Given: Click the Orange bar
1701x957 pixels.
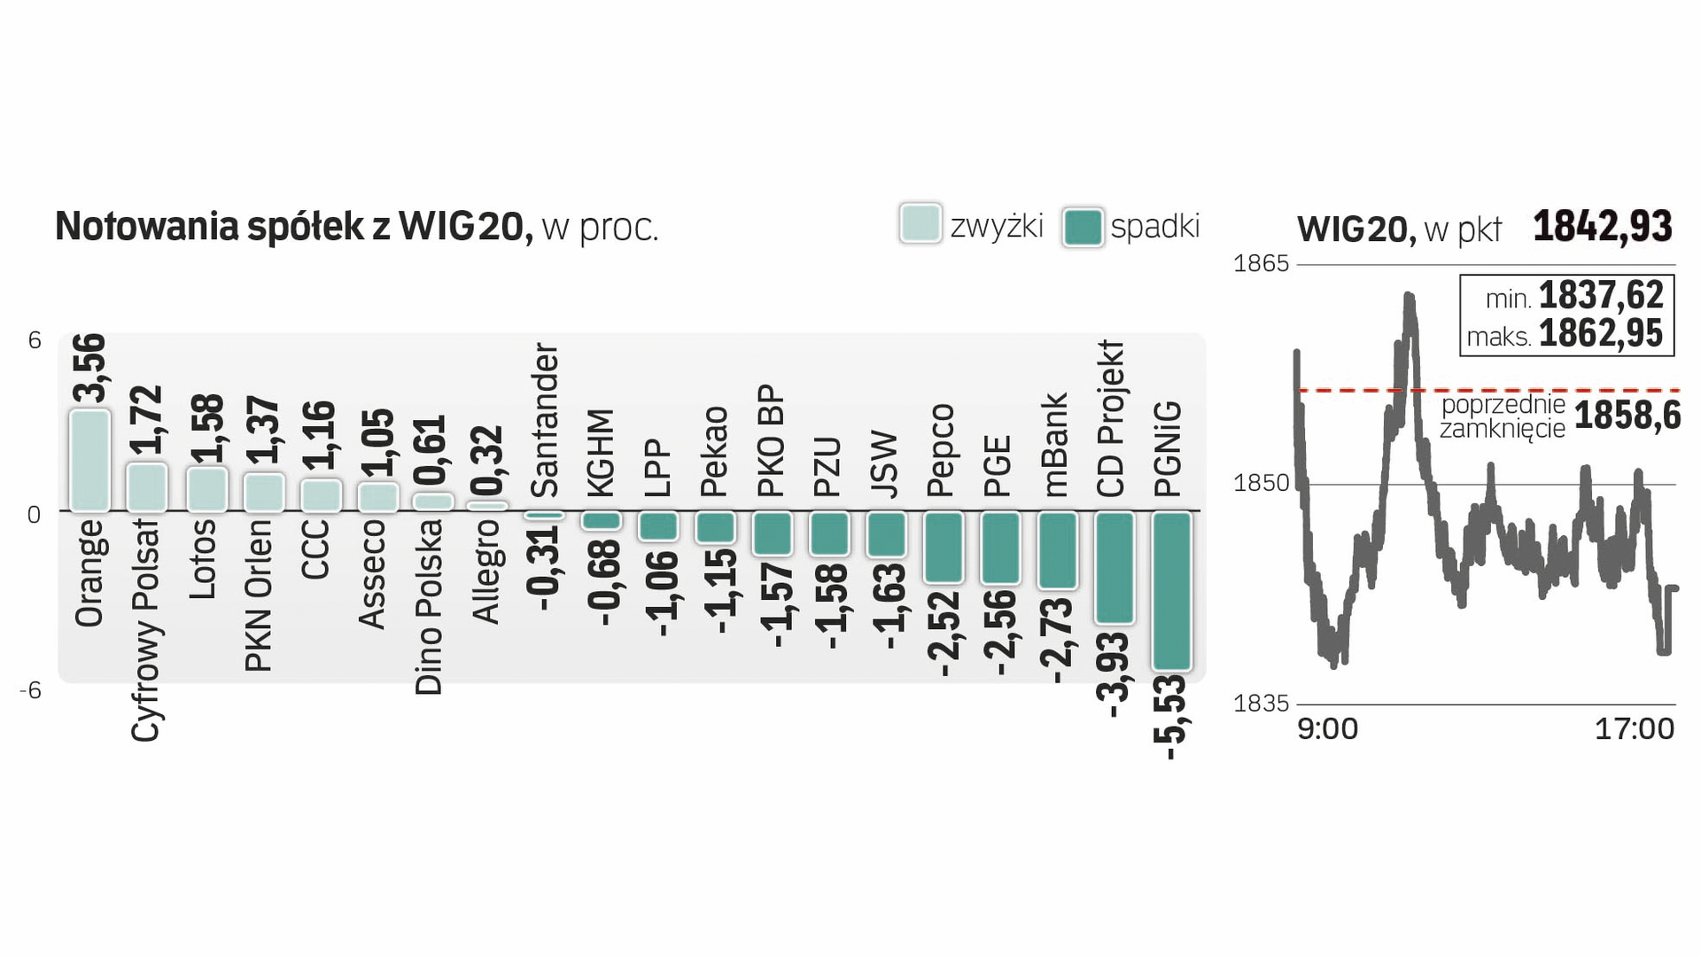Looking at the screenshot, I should pyautogui.click(x=89, y=460).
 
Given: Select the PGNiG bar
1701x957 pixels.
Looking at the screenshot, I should pyautogui.click(x=1171, y=590).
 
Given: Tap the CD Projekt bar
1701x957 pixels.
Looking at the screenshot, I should pyautogui.click(x=1115, y=567).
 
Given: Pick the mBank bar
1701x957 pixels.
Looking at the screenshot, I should pyautogui.click(x=1058, y=549).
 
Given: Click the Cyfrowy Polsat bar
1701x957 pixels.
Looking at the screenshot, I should pyautogui.click(x=146, y=486).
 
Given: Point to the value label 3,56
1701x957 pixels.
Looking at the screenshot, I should pyautogui.click(x=89, y=368).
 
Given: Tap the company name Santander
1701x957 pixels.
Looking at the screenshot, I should pyautogui.click(x=545, y=421).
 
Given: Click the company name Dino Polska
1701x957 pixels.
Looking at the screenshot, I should pyautogui.click(x=429, y=607).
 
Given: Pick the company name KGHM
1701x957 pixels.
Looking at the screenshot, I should pyautogui.click(x=602, y=453).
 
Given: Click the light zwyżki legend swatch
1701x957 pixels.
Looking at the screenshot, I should pyautogui.click(x=920, y=224).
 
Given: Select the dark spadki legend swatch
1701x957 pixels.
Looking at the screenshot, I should pyautogui.click(x=1082, y=227).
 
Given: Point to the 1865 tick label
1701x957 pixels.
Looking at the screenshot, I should pyautogui.click(x=1261, y=263).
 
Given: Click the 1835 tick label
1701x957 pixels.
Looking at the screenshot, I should pyautogui.click(x=1261, y=704).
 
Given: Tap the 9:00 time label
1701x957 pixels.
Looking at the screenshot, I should pyautogui.click(x=1327, y=729).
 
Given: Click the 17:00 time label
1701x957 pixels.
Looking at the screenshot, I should pyautogui.click(x=1635, y=729).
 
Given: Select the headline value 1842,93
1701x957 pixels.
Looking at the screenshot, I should pyautogui.click(x=1603, y=226).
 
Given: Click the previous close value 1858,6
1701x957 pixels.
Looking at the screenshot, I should pyautogui.click(x=1627, y=416).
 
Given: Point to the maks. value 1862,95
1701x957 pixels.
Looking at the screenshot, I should pyautogui.click(x=1601, y=334).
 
